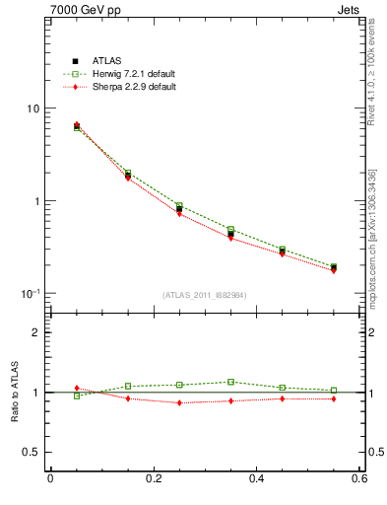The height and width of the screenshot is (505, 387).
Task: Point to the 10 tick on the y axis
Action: pos(33,108)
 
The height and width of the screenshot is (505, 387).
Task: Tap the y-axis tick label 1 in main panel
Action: pos(37,201)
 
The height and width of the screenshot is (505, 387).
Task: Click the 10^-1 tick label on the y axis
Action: pos(32,293)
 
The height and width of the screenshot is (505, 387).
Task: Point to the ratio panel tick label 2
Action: pos(37,332)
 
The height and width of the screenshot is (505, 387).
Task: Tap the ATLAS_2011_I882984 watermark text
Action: pos(205,295)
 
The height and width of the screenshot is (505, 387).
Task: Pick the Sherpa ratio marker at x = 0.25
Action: pos(179,402)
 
